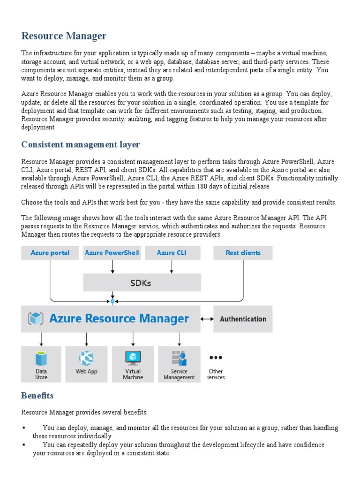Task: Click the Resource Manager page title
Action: pos(64,36)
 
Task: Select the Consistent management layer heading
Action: pos(80,144)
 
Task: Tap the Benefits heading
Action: pos(37,396)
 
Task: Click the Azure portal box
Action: pos(50,253)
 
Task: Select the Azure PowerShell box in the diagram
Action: pos(112,253)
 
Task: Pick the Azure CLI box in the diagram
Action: pos(172,253)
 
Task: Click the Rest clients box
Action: pos(243,253)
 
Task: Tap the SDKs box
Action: pos(142,283)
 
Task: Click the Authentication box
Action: pos(243,319)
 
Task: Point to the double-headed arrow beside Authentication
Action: pos(207,319)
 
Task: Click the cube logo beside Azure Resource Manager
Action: pos(36,319)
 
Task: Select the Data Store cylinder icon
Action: pos(41,359)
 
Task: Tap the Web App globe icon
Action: pos(86,359)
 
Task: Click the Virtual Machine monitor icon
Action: pos(133,358)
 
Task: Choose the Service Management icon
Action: pos(179,358)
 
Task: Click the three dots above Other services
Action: pos(216,357)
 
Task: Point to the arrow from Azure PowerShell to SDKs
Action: pos(112,267)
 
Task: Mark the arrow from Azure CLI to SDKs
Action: pos(172,267)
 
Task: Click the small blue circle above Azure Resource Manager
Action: pos(112,301)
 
